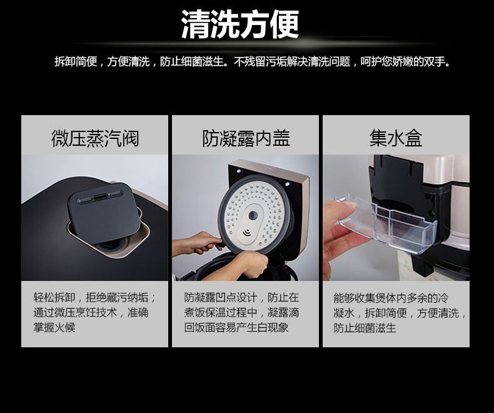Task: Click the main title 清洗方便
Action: point(239,24)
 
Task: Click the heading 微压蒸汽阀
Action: point(95,138)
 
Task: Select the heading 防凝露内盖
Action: point(246,138)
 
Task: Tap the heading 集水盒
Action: point(396,138)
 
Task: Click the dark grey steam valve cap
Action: point(104,213)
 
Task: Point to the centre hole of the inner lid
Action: point(253,215)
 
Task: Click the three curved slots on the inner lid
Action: point(246,233)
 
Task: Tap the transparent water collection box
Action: point(386,223)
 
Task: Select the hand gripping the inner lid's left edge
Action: point(198,243)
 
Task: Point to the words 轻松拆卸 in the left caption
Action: point(54,297)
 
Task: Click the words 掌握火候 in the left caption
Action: point(54,327)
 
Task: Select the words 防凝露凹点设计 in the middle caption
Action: point(221,297)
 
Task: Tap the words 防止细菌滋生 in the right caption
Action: point(365,328)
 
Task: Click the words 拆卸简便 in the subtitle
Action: point(76,61)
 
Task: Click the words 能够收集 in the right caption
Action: point(355,298)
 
